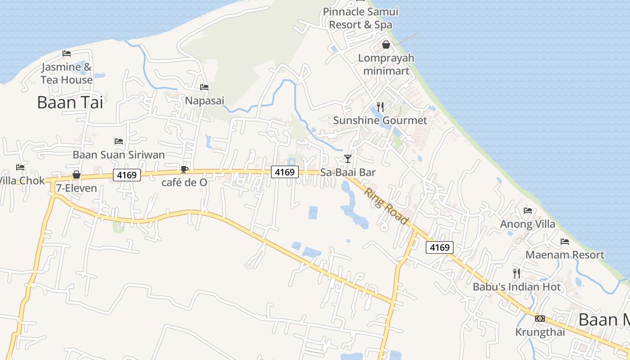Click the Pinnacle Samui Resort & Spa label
(360, 18)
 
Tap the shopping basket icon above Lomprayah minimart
(386, 45)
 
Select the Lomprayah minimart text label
(386, 64)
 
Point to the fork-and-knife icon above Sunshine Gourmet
(380, 107)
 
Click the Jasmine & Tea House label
(67, 73)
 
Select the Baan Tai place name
(70, 103)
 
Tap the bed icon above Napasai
(204, 87)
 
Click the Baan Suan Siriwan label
(119, 155)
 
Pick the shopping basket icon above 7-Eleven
(76, 175)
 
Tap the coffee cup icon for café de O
(184, 169)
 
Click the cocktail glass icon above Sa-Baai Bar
(348, 158)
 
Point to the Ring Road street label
(387, 206)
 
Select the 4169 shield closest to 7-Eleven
(127, 175)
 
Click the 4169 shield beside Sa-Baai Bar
(285, 172)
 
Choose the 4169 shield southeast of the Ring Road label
(440, 247)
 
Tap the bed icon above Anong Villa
(528, 210)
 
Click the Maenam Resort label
(565, 255)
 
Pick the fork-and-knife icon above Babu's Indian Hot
(517, 273)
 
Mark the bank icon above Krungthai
(540, 319)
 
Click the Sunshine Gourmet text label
(380, 121)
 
